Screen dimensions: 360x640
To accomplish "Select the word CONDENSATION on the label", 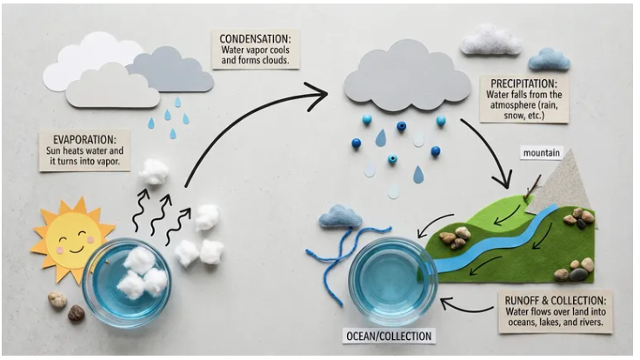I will [255, 38].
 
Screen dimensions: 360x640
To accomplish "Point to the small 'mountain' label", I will [544, 153].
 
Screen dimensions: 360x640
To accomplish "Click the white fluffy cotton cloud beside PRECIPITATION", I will [490, 40].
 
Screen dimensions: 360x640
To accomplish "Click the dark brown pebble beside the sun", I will [77, 313].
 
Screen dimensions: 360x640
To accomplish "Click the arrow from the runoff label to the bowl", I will [470, 305].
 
